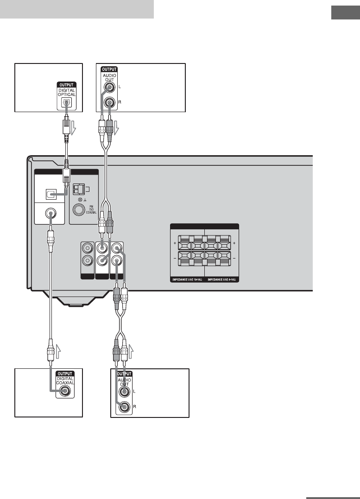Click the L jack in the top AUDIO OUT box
click(x=109, y=87)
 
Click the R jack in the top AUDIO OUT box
click(x=109, y=103)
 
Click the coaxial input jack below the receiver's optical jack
click(x=49, y=215)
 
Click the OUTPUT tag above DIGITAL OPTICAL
click(x=66, y=85)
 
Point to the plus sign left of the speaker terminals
click(x=175, y=242)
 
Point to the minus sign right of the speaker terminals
click(x=234, y=257)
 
